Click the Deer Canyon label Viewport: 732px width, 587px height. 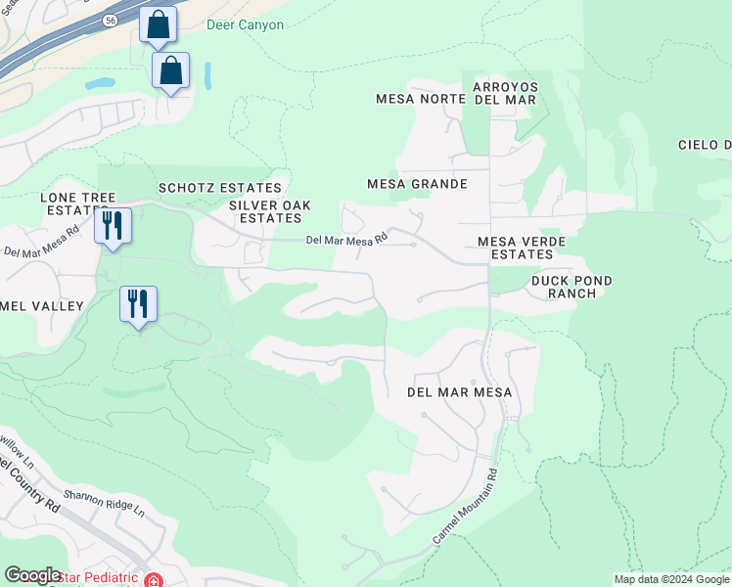[246, 25]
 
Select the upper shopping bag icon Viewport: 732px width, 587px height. [158, 24]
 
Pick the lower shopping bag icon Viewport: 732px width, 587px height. [170, 71]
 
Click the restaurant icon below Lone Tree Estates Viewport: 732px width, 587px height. [113, 226]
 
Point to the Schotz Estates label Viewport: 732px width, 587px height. [220, 188]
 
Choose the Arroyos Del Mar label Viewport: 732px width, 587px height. [504, 93]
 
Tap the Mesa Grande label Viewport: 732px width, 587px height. [416, 184]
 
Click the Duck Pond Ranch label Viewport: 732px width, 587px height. [572, 287]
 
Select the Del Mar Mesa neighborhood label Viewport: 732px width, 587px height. [459, 392]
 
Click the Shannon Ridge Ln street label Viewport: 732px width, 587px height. [104, 504]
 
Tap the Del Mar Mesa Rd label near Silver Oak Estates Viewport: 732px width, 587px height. [346, 239]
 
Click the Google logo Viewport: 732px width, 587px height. [32, 575]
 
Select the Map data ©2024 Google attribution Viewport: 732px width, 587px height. [670, 580]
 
